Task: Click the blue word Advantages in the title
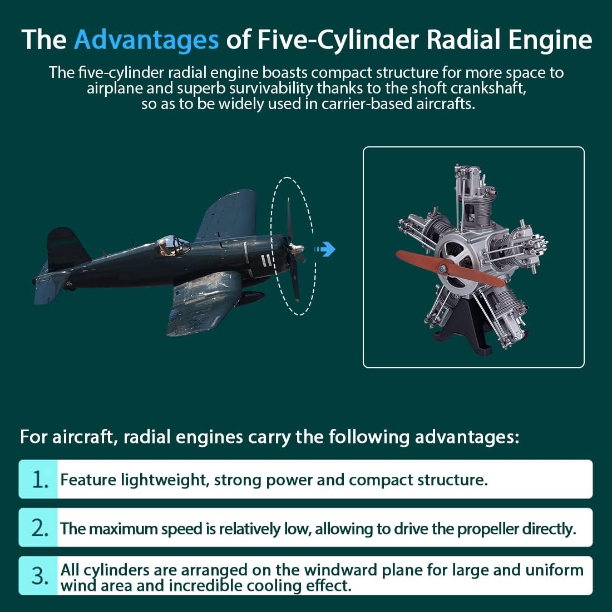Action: [146, 40]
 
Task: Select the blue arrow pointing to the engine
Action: [327, 249]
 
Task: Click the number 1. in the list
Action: [39, 480]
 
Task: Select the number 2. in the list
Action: [39, 528]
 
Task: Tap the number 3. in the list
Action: [39, 576]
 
